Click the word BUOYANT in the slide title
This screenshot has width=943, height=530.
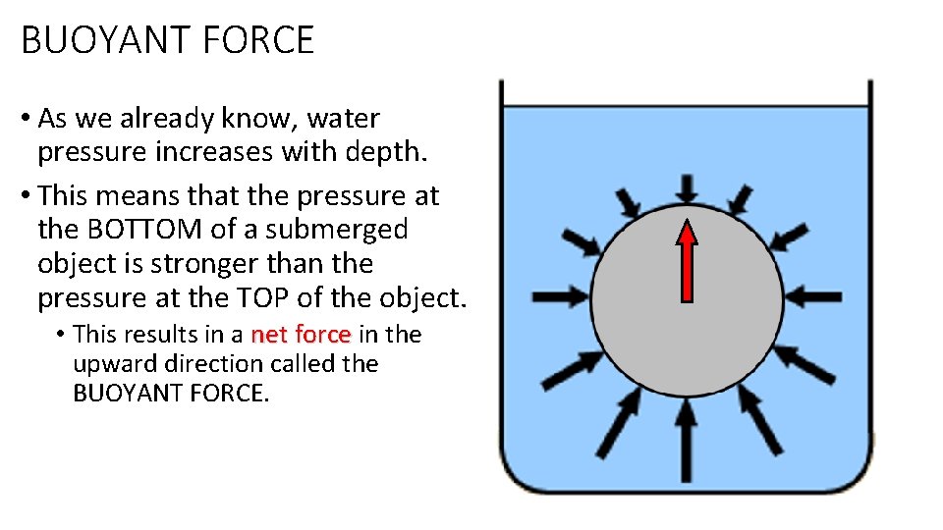(91, 40)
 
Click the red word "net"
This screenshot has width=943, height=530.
(269, 335)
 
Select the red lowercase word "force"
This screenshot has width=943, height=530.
(322, 335)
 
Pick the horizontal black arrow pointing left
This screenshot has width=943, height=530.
(811, 294)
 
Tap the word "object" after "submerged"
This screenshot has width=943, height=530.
(75, 264)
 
